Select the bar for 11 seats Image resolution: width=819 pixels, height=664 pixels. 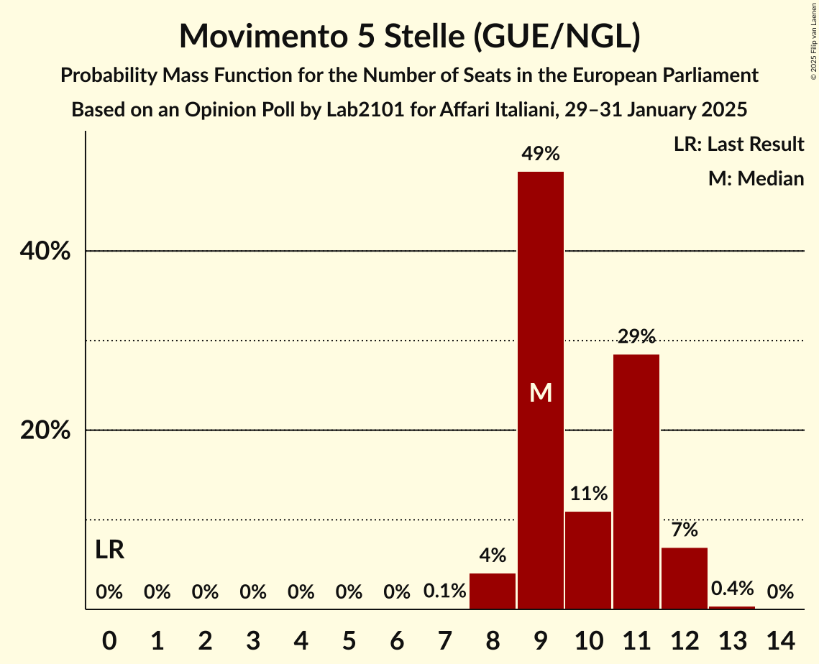pyautogui.click(x=636, y=481)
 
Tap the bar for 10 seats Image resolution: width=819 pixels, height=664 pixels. pyautogui.click(x=588, y=561)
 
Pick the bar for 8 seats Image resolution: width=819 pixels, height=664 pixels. pyautogui.click(x=493, y=591)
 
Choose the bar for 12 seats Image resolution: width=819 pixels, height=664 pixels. pyautogui.click(x=685, y=578)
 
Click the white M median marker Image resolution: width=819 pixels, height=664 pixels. pyautogui.click(x=541, y=392)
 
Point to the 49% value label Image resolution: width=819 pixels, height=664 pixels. pyautogui.click(x=541, y=153)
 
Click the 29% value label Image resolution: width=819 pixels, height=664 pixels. pyautogui.click(x=636, y=336)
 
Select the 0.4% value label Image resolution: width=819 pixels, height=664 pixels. pyautogui.click(x=732, y=589)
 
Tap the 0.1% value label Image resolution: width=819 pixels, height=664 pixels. pyautogui.click(x=444, y=592)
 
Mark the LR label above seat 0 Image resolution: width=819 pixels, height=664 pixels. pyautogui.click(x=109, y=550)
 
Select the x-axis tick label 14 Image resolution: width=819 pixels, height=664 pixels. pyautogui.click(x=780, y=639)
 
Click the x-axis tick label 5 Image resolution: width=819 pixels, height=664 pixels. pyautogui.click(x=349, y=639)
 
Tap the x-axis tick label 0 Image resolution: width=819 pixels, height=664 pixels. pyautogui.click(x=109, y=639)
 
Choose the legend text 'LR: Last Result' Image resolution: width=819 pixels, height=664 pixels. pyautogui.click(x=738, y=144)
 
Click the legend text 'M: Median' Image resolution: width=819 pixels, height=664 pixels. pyautogui.click(x=756, y=178)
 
